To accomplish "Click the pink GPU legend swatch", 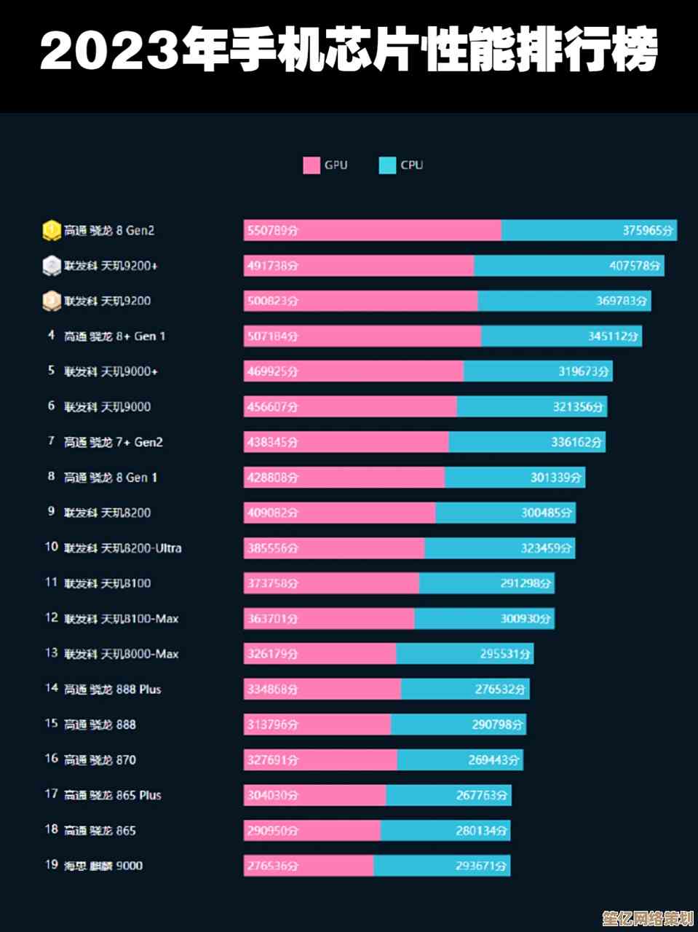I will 312,165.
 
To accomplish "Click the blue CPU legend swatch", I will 387,165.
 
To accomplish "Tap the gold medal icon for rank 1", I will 51,230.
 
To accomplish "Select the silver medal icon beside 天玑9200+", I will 51,266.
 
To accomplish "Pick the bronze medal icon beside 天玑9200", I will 51,301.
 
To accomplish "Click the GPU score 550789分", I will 272,231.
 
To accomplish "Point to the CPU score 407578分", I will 635,266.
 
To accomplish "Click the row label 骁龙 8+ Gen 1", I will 114,336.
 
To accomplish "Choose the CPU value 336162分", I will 576,442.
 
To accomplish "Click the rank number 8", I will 51,477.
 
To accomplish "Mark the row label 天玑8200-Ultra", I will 122,548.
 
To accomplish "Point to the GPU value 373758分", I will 272,583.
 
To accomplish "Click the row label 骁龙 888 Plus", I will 112,689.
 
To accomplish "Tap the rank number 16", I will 51,759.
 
